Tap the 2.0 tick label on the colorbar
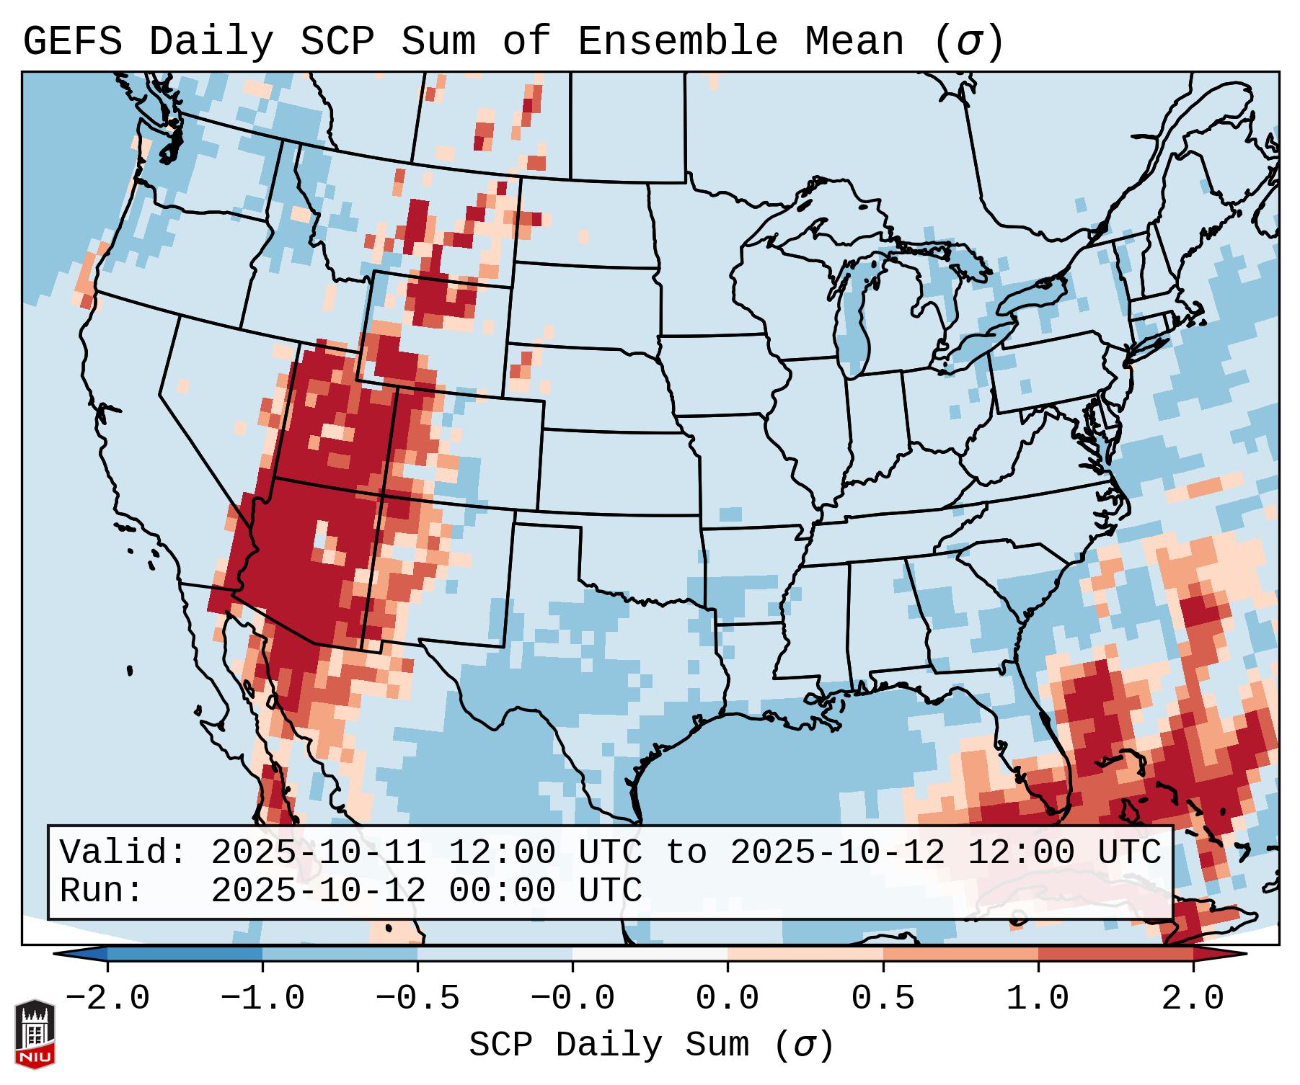(1193, 999)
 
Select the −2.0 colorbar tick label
(107, 999)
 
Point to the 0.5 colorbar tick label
(883, 999)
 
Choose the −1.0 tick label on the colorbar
(262, 999)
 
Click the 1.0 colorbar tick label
(1038, 999)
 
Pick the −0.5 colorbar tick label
(417, 999)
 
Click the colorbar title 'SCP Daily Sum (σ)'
(650, 1045)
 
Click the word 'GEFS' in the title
(72, 42)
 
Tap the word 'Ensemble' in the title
(677, 42)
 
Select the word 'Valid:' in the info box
(123, 852)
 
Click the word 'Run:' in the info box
(102, 890)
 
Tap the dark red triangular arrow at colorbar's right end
(1219, 953)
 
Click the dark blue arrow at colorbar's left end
(81, 953)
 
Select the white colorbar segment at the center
(650, 953)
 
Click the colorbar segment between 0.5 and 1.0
(960, 953)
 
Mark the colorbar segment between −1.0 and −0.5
(340, 953)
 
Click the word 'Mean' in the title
(854, 42)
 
